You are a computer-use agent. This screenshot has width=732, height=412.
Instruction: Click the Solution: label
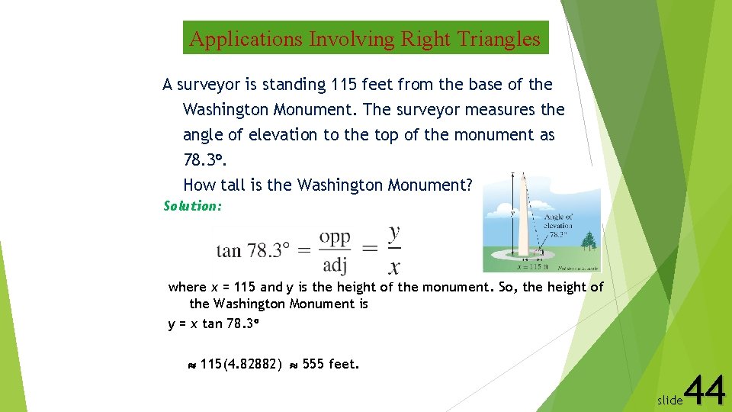[x=193, y=206]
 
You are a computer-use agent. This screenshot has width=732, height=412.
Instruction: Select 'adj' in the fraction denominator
[x=334, y=265]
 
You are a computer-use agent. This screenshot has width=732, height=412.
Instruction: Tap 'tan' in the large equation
[x=229, y=250]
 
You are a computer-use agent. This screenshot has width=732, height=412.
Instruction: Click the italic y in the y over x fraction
[x=393, y=231]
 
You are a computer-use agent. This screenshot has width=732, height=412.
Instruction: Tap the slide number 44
[x=705, y=391]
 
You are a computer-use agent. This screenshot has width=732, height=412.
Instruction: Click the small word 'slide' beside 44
[x=669, y=400]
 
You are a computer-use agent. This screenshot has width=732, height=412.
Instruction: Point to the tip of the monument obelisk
[x=524, y=175]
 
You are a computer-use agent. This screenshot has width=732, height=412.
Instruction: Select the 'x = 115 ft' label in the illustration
[x=532, y=267]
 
